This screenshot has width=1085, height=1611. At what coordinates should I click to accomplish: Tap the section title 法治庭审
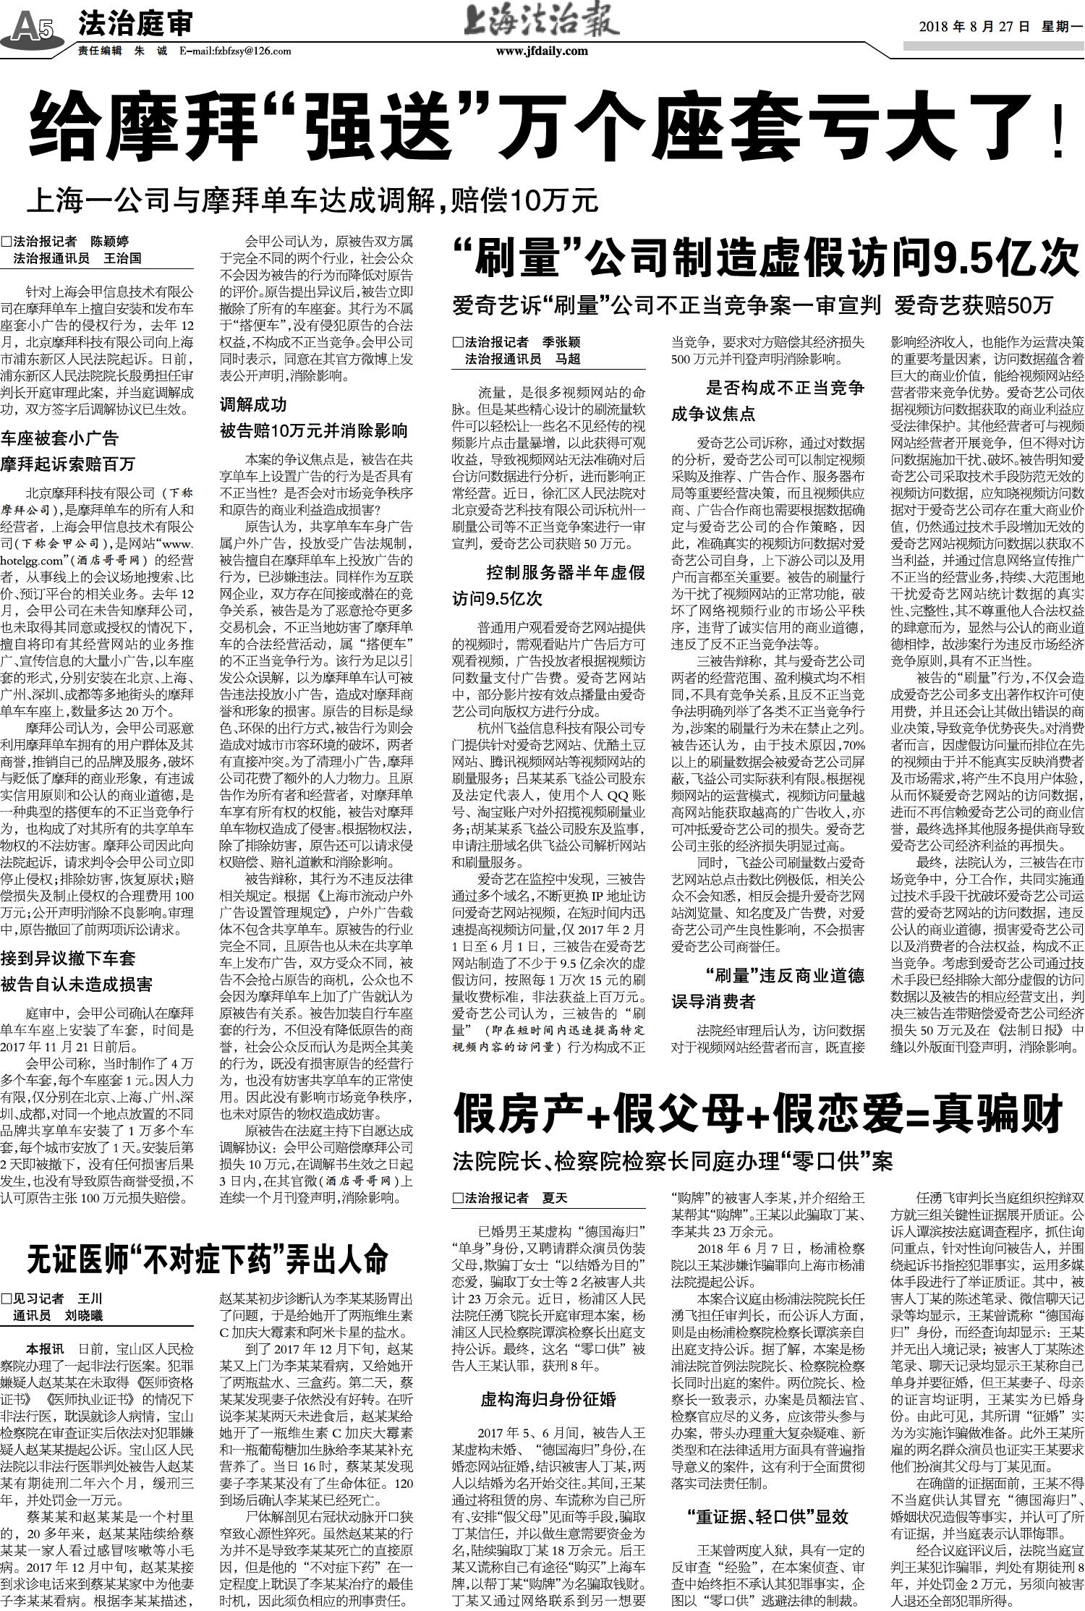tap(135, 25)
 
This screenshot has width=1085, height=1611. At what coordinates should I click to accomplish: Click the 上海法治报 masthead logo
tap(542, 22)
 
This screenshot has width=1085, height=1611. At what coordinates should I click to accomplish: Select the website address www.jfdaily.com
tap(542, 51)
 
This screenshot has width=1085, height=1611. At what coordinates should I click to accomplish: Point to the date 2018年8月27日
tap(974, 27)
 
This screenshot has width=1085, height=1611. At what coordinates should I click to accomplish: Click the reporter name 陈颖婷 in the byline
tap(109, 242)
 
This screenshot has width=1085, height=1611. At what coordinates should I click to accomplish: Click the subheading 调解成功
tap(253, 404)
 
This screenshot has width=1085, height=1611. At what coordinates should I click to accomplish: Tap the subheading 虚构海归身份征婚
tap(548, 1399)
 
